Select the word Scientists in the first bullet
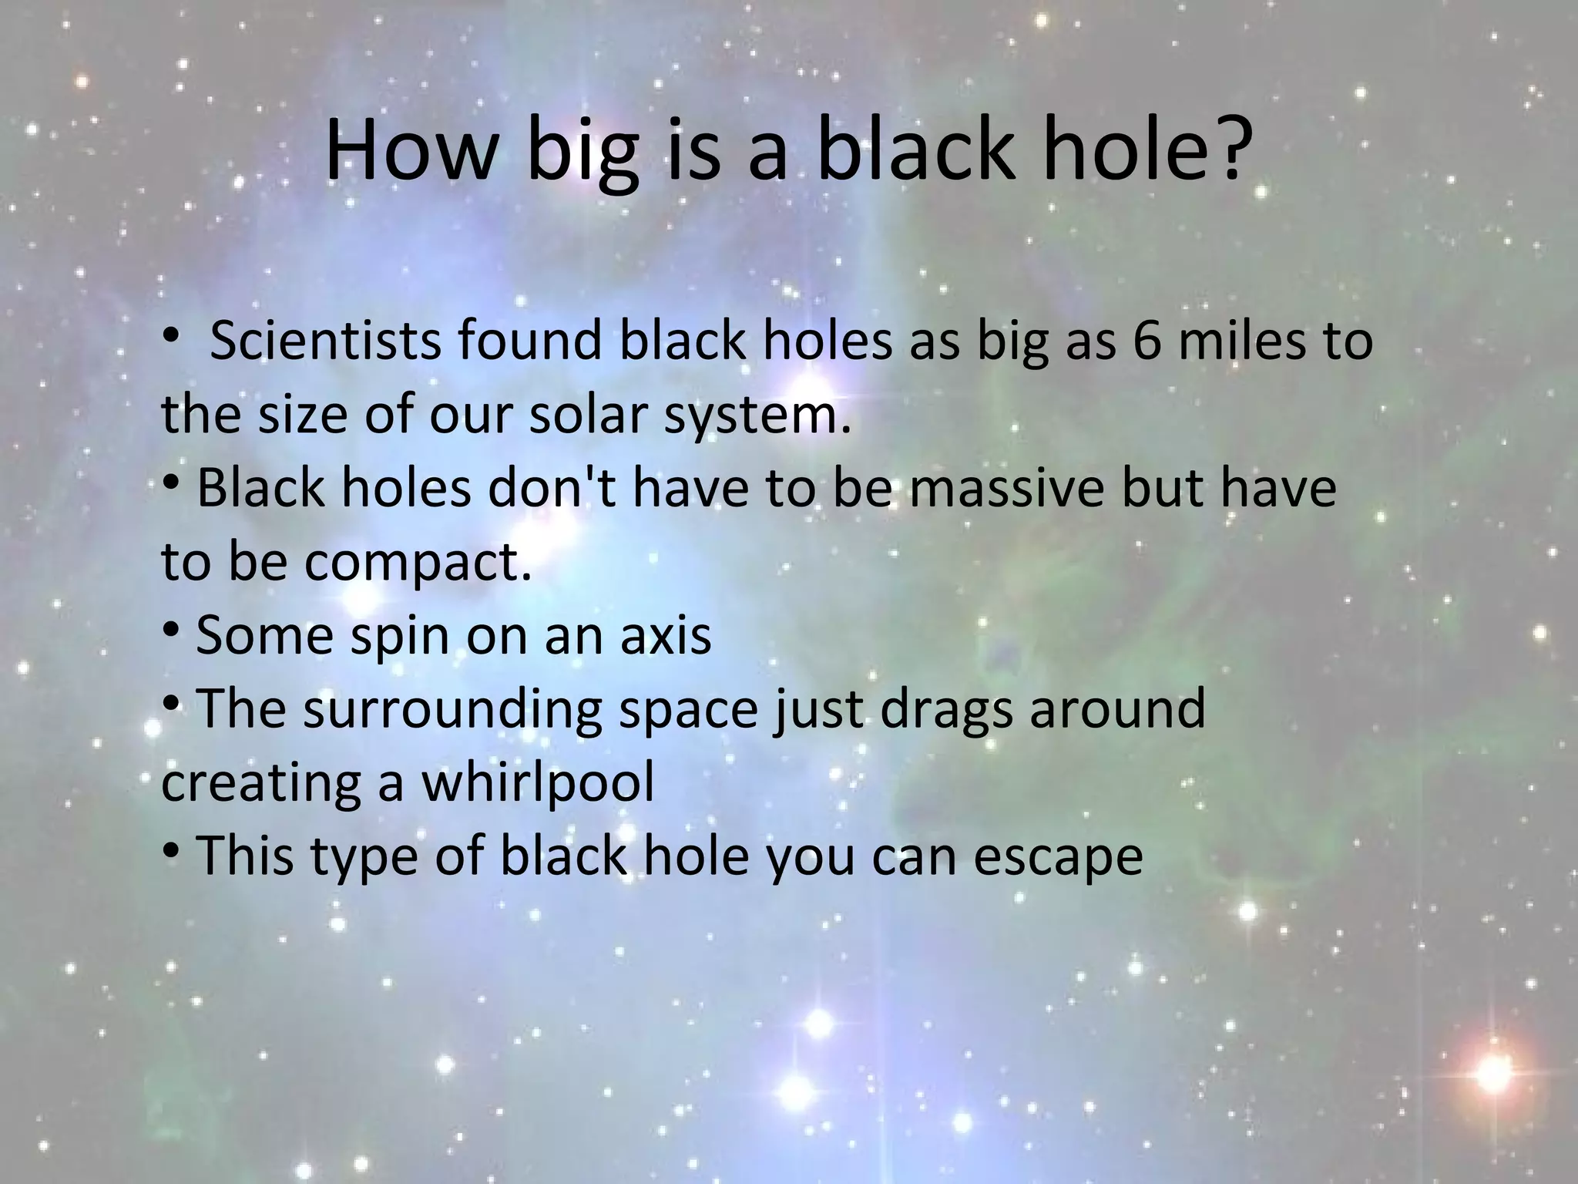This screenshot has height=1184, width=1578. click(x=325, y=340)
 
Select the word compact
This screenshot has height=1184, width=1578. click(x=417, y=563)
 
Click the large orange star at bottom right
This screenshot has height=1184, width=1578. click(x=1494, y=1074)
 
